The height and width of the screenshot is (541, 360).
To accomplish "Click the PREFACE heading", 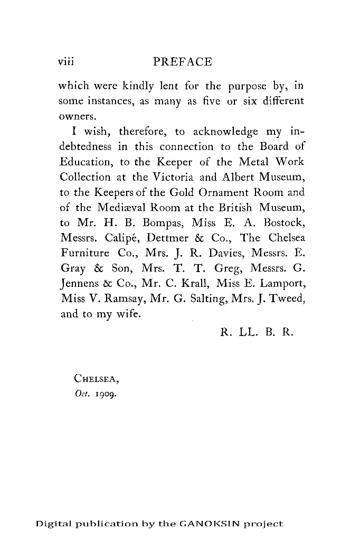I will click(182, 62).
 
